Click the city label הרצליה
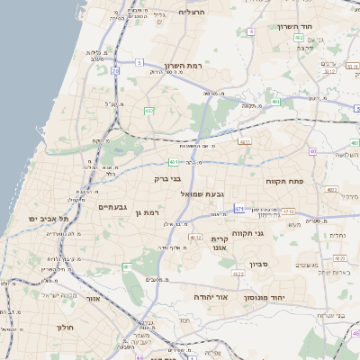tap(193, 12)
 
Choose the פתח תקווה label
tap(284, 182)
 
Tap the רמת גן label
tap(144, 212)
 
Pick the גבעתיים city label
tap(116, 207)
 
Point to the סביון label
tap(259, 265)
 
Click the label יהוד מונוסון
tap(277, 296)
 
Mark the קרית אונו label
tap(220, 245)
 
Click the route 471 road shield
tap(238, 209)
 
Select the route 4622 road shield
tap(237, 273)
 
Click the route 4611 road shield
tap(244, 141)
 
